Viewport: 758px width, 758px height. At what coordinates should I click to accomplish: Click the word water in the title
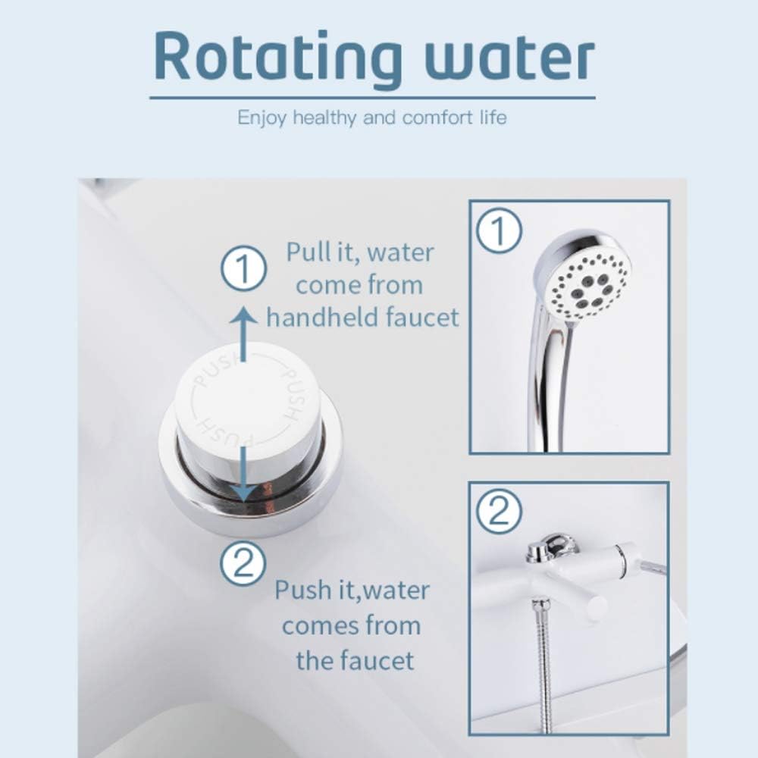(509, 58)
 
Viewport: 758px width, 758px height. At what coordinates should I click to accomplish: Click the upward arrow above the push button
(243, 334)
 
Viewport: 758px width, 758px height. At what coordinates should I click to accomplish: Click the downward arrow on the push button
(243, 474)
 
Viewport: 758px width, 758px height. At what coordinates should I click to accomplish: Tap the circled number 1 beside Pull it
(243, 269)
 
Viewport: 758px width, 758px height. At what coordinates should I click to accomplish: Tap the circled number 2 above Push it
(243, 563)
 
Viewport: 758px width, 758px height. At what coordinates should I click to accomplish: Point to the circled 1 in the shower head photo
(499, 230)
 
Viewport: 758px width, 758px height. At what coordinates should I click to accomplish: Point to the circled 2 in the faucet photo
(499, 512)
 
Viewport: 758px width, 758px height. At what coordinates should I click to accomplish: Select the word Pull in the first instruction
(306, 252)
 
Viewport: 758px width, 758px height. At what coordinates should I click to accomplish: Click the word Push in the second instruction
(298, 590)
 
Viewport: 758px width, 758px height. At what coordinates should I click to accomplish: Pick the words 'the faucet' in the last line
(355, 660)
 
